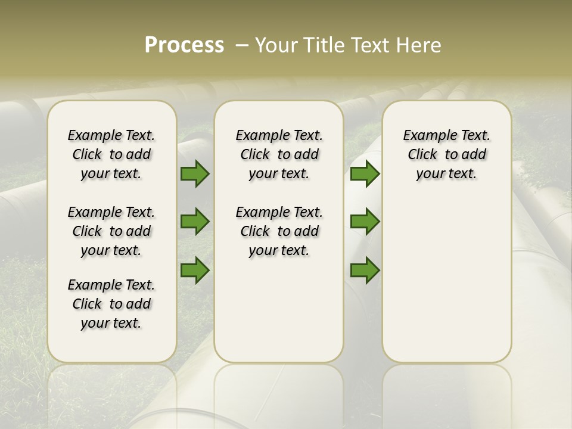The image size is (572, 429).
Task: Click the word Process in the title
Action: point(184,45)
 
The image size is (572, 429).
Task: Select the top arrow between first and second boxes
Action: point(195,174)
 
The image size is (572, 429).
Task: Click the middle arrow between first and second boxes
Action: point(195,222)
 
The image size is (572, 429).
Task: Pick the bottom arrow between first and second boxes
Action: point(195,270)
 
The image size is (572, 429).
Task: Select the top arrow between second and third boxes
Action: point(365,174)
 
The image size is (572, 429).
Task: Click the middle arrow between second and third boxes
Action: point(365,222)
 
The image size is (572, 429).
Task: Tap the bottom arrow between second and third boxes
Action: point(365,270)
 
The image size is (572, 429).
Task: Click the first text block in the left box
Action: point(111,154)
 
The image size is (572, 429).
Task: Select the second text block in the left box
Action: point(111,231)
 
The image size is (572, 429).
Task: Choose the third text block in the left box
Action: point(111,304)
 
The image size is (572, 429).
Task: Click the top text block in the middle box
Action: point(279,154)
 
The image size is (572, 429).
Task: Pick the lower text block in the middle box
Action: point(279,231)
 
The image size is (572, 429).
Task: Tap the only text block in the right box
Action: point(447,154)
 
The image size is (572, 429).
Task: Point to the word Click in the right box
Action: point(422,155)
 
